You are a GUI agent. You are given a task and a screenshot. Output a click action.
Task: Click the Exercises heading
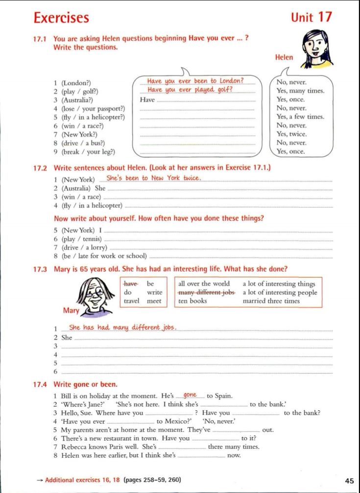click(61, 18)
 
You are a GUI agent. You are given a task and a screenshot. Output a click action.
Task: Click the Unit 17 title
click(311, 17)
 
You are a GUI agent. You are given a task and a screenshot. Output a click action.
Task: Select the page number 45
click(349, 481)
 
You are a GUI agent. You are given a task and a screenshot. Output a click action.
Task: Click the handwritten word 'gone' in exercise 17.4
click(190, 395)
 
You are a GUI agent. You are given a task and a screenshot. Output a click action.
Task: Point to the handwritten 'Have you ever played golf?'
click(190, 90)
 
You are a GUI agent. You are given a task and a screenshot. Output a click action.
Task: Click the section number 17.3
click(40, 269)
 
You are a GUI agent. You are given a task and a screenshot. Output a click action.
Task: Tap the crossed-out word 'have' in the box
click(131, 284)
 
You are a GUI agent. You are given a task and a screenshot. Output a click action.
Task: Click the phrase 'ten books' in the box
click(192, 301)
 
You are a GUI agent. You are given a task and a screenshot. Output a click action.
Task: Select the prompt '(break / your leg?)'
click(88, 151)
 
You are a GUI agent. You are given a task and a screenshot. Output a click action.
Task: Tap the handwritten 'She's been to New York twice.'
click(154, 178)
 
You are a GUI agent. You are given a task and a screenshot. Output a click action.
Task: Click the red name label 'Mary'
click(71, 310)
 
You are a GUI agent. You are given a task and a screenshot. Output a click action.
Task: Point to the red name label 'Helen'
click(284, 57)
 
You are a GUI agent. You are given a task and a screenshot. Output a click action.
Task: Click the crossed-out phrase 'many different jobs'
click(206, 293)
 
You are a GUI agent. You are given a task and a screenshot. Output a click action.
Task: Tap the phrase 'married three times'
click(271, 301)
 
